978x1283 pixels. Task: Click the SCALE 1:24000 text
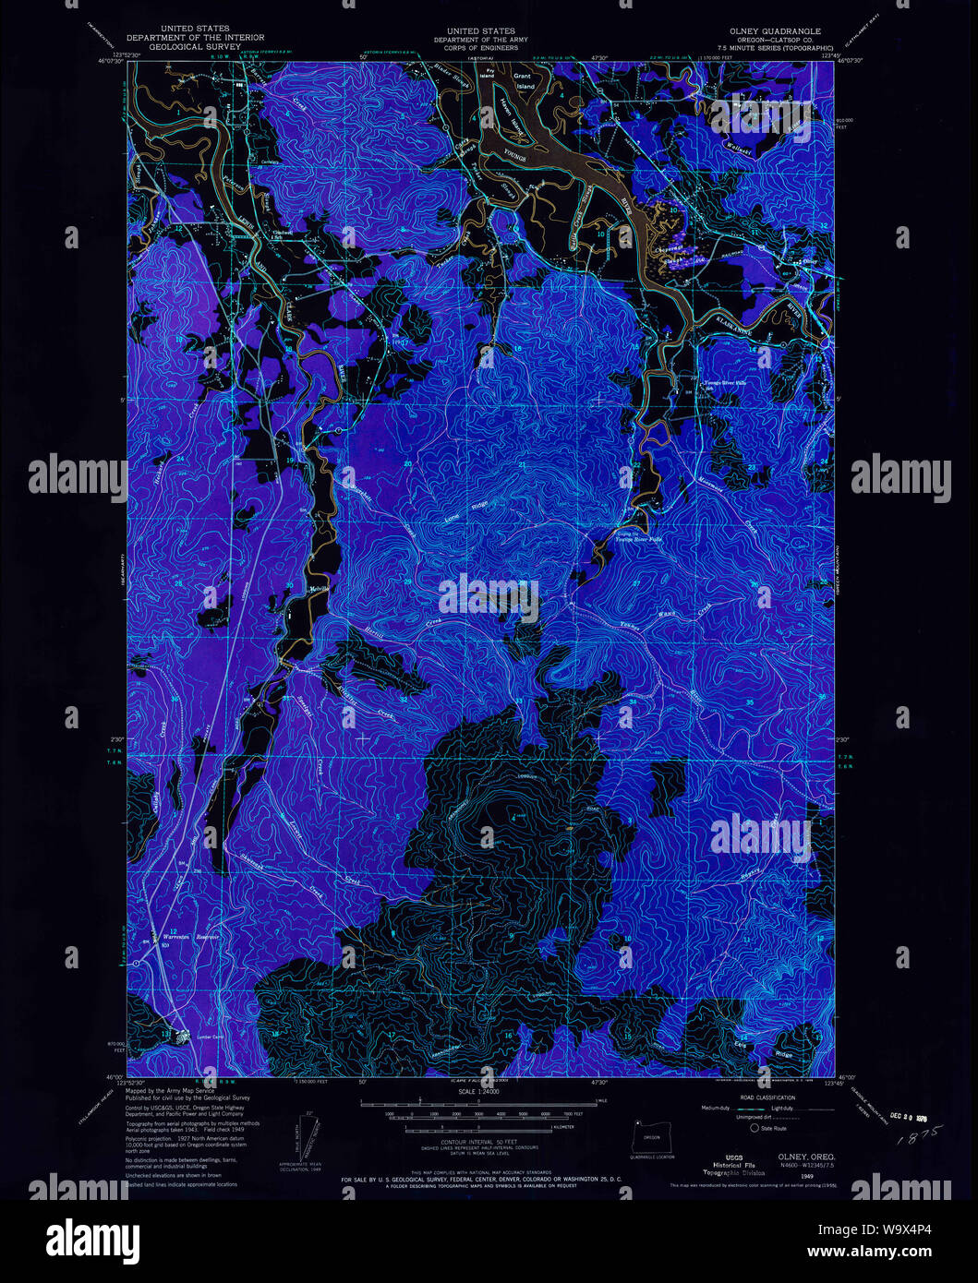[x=477, y=1092]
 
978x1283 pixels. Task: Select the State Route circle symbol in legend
[x=755, y=1128]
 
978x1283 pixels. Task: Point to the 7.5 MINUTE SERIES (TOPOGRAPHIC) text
[x=773, y=46]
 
